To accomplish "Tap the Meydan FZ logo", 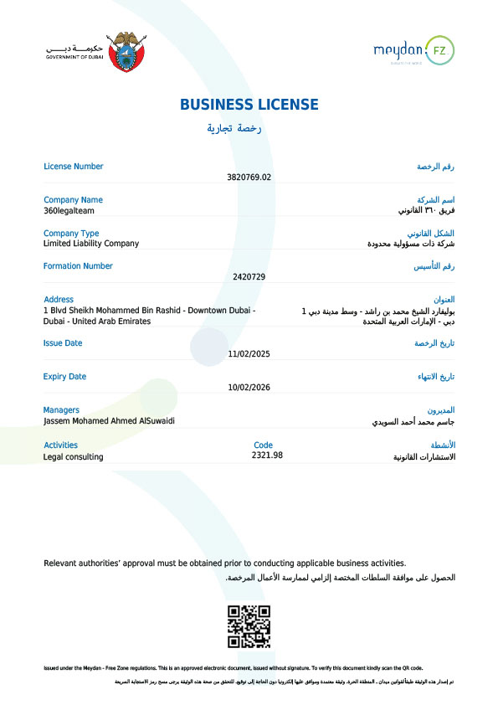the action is coord(413,52).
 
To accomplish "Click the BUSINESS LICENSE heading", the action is coord(249,105).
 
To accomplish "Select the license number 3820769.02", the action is coord(249,178).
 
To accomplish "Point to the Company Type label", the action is coord(71,233).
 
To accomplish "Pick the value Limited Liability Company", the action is coord(91,244).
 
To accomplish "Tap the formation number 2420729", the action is coord(249,276).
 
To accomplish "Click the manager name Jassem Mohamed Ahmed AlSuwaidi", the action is coord(110,421).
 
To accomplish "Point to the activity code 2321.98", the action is coord(267,455).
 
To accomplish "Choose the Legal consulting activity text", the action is coord(74,457).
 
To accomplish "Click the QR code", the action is coord(249,626).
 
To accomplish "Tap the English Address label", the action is coord(59,299).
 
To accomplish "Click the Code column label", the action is coord(263,445).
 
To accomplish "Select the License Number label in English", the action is coord(74,166).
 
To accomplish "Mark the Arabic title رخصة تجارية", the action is coord(235,128).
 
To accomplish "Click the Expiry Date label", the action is coord(65,377).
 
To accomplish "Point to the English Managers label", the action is coord(62,410).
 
